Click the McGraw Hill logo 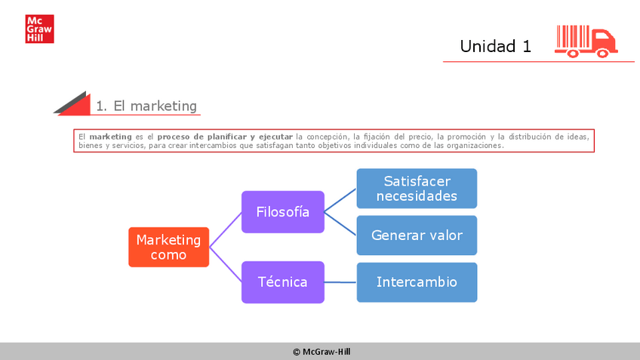39,29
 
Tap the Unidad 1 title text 495,46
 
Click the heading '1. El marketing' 146,106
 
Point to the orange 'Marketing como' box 168,247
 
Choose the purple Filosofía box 282,211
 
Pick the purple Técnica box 282,282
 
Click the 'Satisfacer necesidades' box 417,189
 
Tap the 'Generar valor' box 417,235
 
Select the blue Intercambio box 417,282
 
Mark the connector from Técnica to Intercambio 340,282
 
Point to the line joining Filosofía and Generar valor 340,223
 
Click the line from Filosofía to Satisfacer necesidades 340,200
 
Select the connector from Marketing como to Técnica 225,264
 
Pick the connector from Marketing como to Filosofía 225,229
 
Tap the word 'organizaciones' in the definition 473,145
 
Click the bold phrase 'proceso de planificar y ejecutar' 225,137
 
